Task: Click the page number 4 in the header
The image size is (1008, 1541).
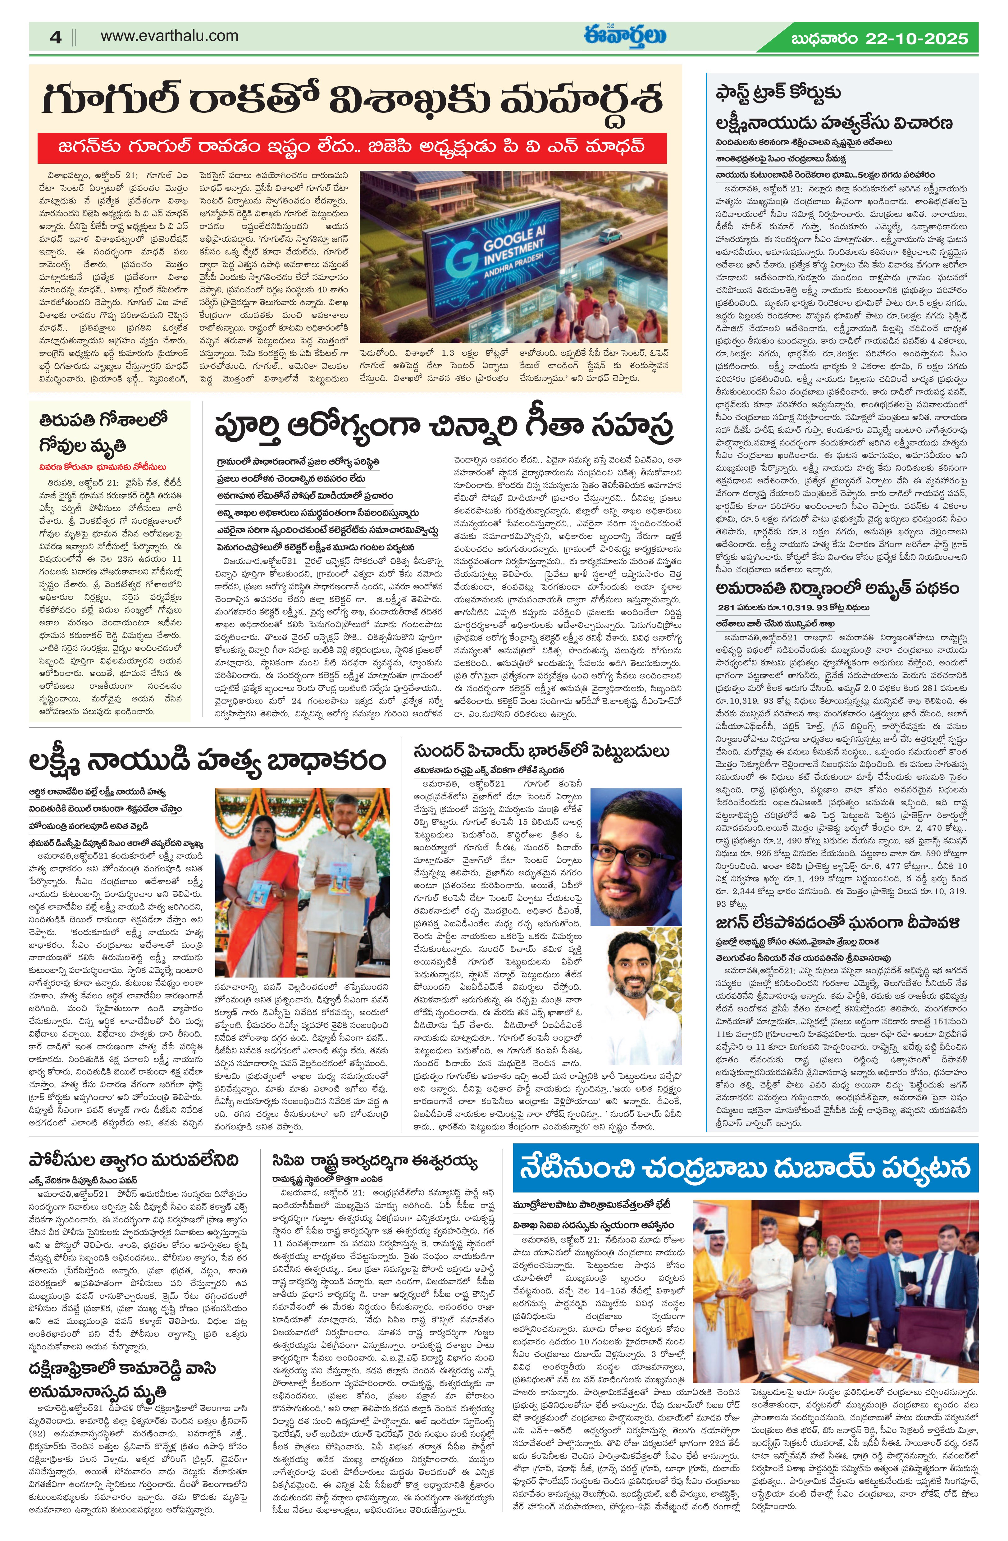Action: pyautogui.click(x=55, y=38)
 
